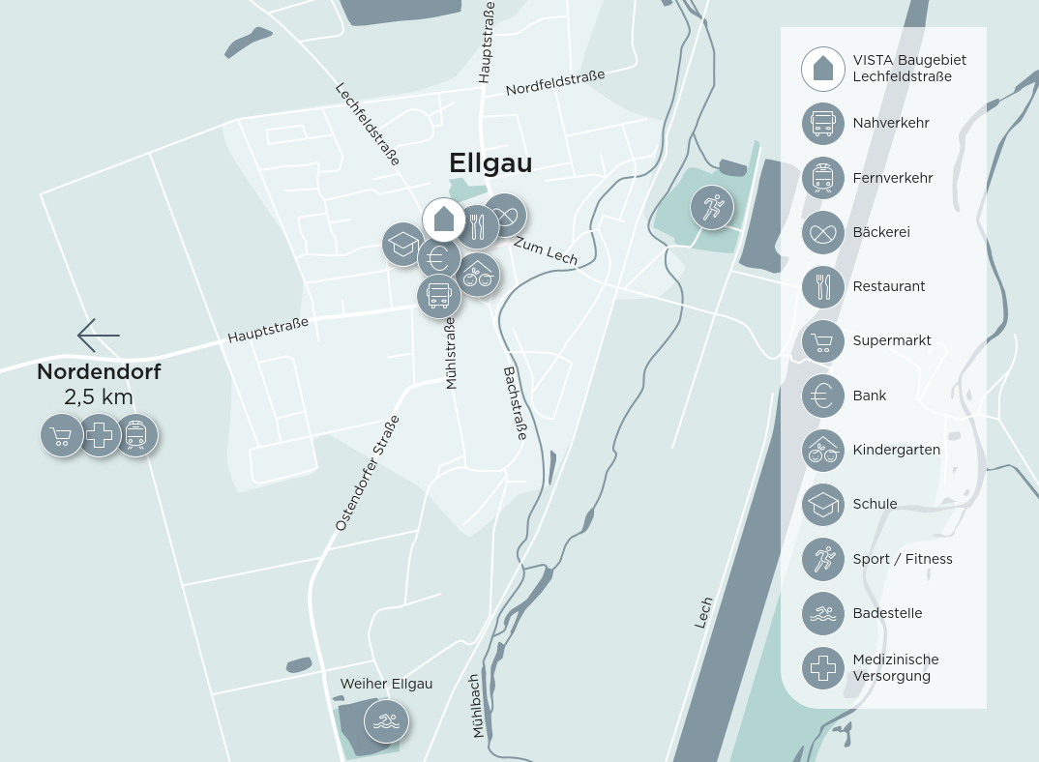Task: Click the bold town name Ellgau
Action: [x=490, y=163]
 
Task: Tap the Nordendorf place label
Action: [x=99, y=371]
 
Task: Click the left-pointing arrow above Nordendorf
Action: [x=99, y=336]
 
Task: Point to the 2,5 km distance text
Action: [x=99, y=397]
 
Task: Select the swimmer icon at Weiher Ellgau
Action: [x=386, y=721]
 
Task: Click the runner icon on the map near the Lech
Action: [x=712, y=207]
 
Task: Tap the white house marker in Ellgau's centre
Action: [x=444, y=220]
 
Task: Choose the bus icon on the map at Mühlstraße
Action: [x=439, y=295]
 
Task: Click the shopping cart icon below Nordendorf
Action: [x=62, y=435]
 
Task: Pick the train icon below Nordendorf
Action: [x=136, y=435]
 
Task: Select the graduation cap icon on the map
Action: [x=402, y=244]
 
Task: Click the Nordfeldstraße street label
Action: [x=555, y=82]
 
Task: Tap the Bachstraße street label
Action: [x=516, y=403]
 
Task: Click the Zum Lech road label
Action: [x=546, y=250]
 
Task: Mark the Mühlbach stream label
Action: [x=476, y=706]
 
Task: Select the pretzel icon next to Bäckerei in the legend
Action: [x=823, y=232]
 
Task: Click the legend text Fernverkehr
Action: [x=892, y=178]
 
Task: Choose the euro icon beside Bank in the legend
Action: [x=823, y=396]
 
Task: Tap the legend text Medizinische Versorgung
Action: [x=895, y=667]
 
